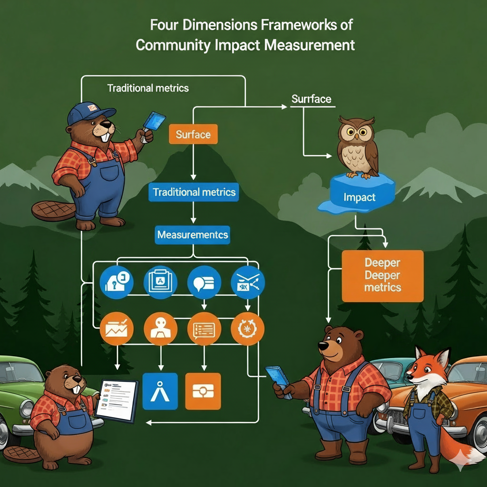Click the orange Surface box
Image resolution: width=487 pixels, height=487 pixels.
[193, 134]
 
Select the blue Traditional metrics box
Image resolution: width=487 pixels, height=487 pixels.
[194, 193]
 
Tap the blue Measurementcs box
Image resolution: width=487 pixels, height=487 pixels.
[193, 235]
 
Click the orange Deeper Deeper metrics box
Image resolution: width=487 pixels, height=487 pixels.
[382, 276]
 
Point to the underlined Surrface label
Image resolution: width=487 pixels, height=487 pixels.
[311, 99]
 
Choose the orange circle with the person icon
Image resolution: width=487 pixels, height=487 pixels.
[160, 329]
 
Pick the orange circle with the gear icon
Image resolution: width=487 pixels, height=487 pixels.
[247, 329]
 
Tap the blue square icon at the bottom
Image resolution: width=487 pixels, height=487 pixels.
[160, 391]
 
